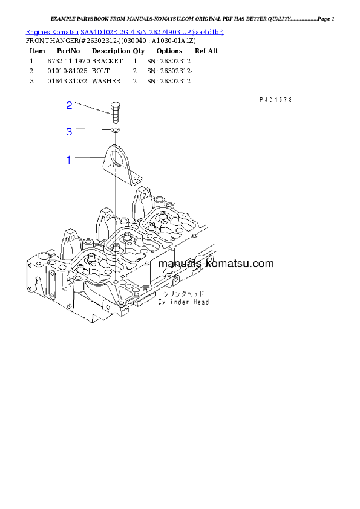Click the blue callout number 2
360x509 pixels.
tap(70, 105)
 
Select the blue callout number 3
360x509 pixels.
tap(70, 131)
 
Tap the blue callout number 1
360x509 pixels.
tap(69, 160)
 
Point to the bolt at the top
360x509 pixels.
tap(115, 112)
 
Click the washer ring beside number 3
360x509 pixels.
tap(115, 130)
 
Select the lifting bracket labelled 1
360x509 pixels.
tap(122, 163)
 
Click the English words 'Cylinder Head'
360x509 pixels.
tap(183, 302)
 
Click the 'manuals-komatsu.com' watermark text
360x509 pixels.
tap(215, 264)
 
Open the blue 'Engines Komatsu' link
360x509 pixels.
tap(125, 31)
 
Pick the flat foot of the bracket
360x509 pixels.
tap(134, 178)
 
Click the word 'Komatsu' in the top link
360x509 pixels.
tap(64, 31)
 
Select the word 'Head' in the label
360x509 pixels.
tap(201, 302)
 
